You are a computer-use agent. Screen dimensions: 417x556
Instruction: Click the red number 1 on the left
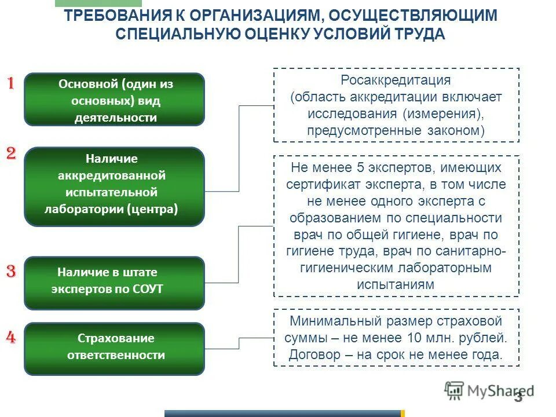pos(10,83)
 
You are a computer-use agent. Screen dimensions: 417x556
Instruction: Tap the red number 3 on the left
pos(11,271)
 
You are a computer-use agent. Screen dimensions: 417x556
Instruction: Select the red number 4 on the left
pos(11,338)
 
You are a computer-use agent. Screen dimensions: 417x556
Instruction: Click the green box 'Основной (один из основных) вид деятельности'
pos(114,100)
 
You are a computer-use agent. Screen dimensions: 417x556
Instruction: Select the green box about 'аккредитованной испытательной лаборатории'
pos(114,186)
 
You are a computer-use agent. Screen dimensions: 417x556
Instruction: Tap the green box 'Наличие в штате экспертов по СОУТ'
pos(114,283)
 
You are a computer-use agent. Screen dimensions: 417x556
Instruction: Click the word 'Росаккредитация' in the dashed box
pos(396,80)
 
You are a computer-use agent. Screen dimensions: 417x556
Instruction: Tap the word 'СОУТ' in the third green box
pos(148,289)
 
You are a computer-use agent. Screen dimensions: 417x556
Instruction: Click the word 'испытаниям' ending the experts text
pos(396,285)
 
